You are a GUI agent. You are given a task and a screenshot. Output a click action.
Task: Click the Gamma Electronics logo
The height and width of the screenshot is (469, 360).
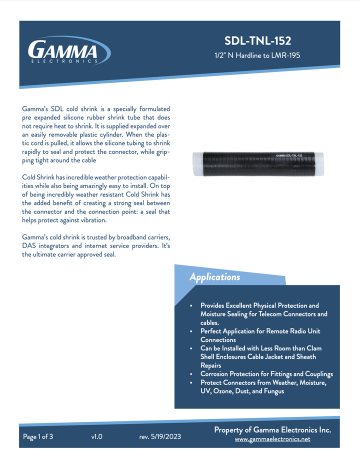pyautogui.click(x=69, y=51)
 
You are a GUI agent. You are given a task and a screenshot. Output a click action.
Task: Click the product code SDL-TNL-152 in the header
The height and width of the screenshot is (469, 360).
pyautogui.click(x=257, y=41)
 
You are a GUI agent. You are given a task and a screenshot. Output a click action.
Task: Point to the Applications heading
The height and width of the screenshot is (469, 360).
pyautogui.click(x=214, y=277)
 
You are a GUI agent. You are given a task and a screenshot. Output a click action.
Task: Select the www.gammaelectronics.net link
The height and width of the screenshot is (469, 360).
pyautogui.click(x=272, y=439)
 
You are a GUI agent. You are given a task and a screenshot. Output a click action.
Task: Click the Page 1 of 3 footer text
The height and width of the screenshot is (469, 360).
pyautogui.click(x=38, y=436)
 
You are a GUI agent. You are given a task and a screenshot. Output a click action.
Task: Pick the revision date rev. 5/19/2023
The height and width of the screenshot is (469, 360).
pyautogui.click(x=160, y=436)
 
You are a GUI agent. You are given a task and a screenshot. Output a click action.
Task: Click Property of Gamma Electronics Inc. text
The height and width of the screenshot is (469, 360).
pyautogui.click(x=272, y=430)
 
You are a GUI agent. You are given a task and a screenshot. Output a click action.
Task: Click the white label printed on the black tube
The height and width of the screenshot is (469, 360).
pyautogui.click(x=289, y=155)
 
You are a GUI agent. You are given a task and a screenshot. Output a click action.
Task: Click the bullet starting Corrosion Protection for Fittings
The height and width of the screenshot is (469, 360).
pyautogui.click(x=266, y=374)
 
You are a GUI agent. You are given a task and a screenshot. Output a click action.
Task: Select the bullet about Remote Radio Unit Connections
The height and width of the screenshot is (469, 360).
pyautogui.click(x=260, y=335)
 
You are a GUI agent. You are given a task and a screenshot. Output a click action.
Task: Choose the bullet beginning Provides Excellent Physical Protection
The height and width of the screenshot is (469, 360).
pyautogui.click(x=259, y=305)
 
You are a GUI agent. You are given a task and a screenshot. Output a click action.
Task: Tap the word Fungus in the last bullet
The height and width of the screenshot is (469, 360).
pyautogui.click(x=272, y=391)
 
